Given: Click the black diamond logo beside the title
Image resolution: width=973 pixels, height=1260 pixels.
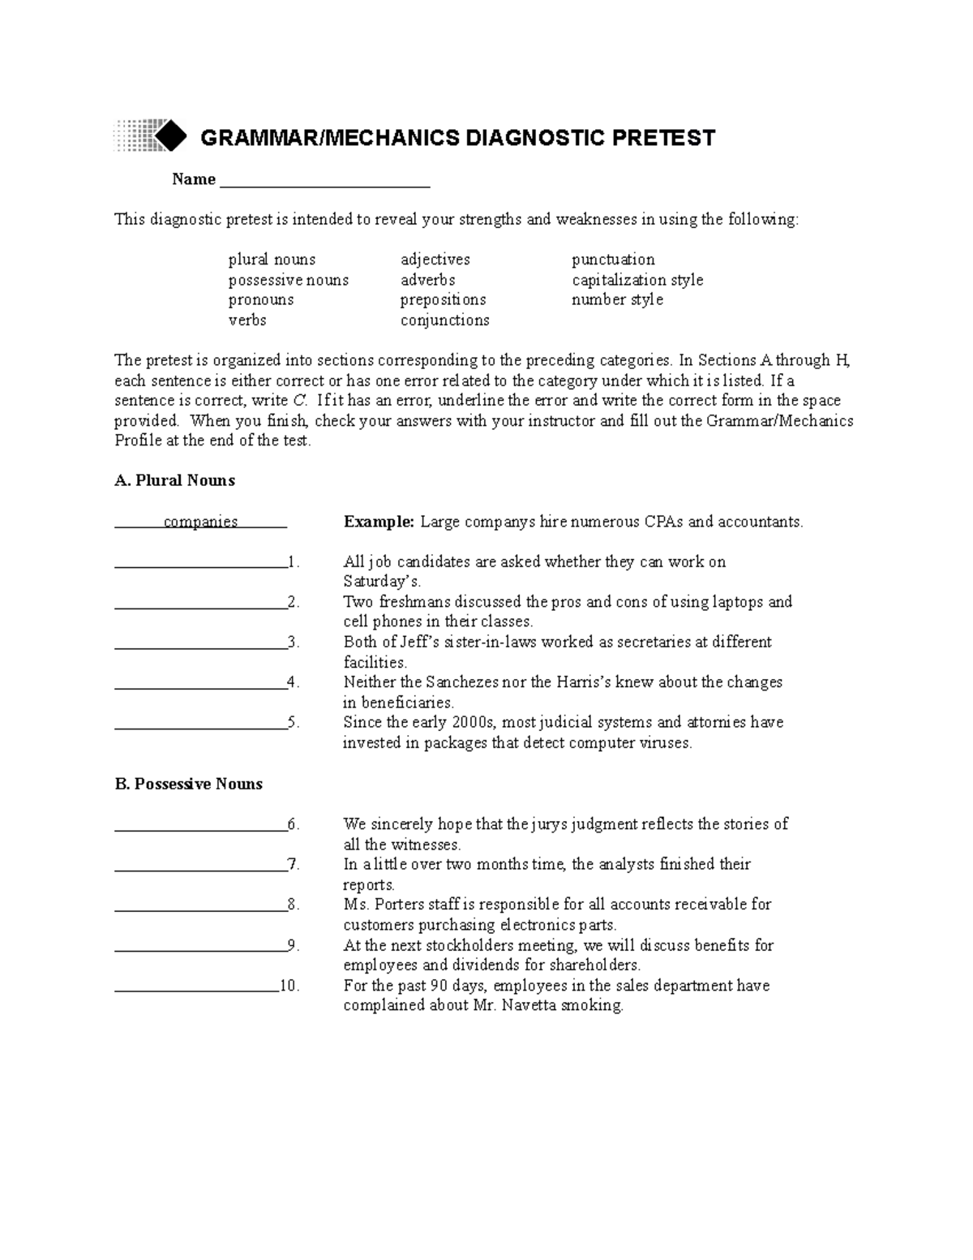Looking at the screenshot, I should (169, 135).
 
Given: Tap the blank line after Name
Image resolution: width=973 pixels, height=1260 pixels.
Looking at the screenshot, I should (324, 180).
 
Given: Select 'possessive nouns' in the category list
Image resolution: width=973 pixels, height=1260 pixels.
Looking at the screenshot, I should (288, 280).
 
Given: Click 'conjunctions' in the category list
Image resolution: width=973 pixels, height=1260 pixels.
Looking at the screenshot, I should (444, 320).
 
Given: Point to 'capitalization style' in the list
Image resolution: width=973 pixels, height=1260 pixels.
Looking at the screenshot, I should (637, 280).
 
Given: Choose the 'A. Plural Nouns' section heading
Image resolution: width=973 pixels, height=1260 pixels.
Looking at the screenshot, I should (174, 480).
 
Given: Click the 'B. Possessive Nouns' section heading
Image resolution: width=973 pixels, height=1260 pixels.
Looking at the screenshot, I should (189, 784).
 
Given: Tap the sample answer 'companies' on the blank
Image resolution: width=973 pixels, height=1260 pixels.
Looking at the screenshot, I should (200, 522).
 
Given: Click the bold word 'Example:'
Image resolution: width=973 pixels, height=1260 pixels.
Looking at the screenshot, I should (379, 522).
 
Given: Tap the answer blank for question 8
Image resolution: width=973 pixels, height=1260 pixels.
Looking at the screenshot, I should (200, 905).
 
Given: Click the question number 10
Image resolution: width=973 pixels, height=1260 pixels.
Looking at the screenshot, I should (289, 986).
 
